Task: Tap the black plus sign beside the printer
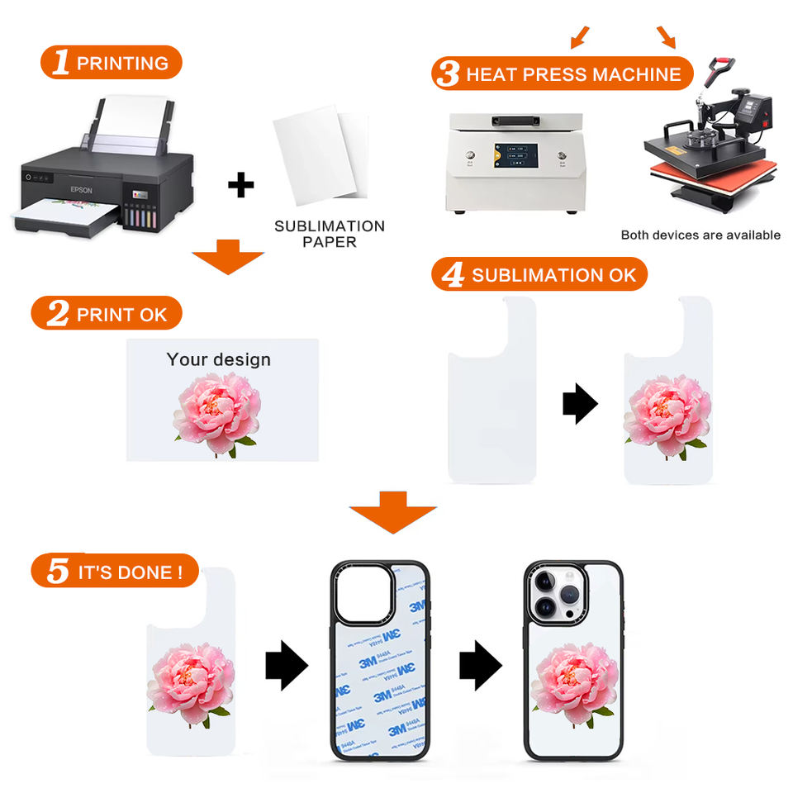point(240,185)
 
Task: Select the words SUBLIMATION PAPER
point(329,234)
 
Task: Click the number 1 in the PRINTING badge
point(60,63)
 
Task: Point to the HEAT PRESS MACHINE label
point(573,74)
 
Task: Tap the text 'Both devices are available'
point(700,235)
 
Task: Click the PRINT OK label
point(121,314)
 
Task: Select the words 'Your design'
point(218,359)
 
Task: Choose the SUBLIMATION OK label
point(553,275)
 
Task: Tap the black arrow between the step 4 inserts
point(580,404)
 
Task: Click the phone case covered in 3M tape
point(380,661)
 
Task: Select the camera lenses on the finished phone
point(553,595)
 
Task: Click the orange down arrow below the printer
point(227,257)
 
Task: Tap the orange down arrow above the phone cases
point(393,512)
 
